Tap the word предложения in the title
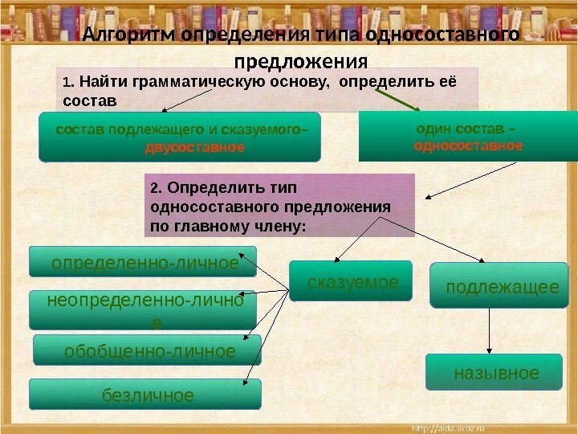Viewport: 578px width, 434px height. (x=300, y=62)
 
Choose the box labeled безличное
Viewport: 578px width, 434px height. (x=147, y=395)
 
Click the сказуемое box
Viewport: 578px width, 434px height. (x=352, y=281)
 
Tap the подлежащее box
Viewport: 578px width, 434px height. (x=503, y=285)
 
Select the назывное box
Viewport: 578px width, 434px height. (x=496, y=372)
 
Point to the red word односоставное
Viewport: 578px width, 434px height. (x=468, y=146)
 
